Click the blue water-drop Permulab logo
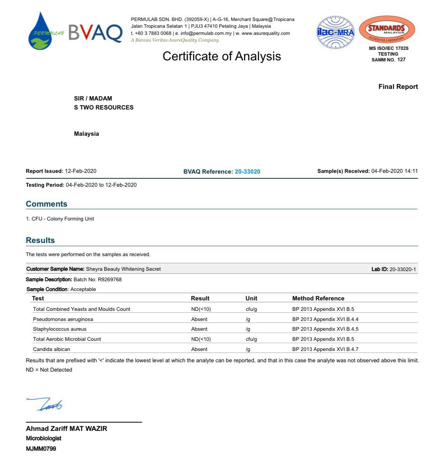point(41,31)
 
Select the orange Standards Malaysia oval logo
point(387,30)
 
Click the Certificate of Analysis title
point(221,56)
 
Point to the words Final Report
point(398,87)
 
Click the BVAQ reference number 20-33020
point(247,172)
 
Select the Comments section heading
point(46,204)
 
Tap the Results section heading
point(40,240)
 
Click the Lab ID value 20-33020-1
point(402,269)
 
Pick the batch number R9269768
point(109,279)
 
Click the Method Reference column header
point(318,298)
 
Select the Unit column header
point(251,298)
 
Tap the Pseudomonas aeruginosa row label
point(63,319)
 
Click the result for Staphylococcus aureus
point(199,329)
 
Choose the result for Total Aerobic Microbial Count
point(201,339)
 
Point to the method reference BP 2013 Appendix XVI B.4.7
point(325,349)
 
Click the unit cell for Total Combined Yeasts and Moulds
point(251,309)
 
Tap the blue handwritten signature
point(45,404)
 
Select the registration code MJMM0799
point(41,448)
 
